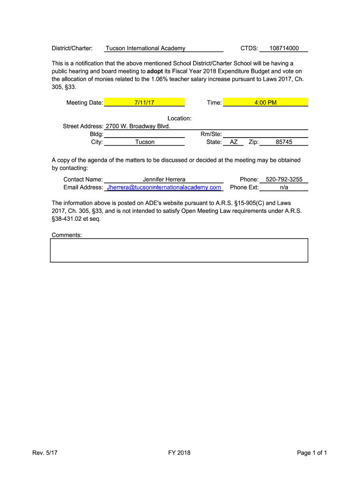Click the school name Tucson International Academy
click(x=145, y=48)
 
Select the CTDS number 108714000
click(x=284, y=48)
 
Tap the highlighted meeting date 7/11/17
click(x=144, y=102)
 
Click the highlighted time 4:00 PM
click(x=266, y=102)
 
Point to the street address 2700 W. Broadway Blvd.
click(x=138, y=126)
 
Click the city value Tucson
click(x=145, y=142)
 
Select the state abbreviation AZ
click(x=234, y=142)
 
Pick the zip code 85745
click(x=284, y=142)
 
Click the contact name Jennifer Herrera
click(x=164, y=179)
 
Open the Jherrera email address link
click(x=164, y=187)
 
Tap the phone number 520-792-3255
click(x=284, y=179)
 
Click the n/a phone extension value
click(x=284, y=187)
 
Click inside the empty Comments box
click(x=179, y=250)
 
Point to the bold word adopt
click(x=155, y=71)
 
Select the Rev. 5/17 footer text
click(x=45, y=452)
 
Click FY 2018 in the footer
click(x=180, y=452)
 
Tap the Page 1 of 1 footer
click(x=312, y=452)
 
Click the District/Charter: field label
click(x=72, y=48)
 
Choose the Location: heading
click(x=180, y=118)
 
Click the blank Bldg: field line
click(x=144, y=134)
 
